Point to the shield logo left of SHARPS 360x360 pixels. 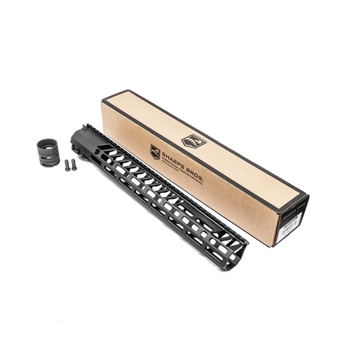pyautogui.click(x=155, y=151)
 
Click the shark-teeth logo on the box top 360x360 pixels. pyautogui.click(x=193, y=141)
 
